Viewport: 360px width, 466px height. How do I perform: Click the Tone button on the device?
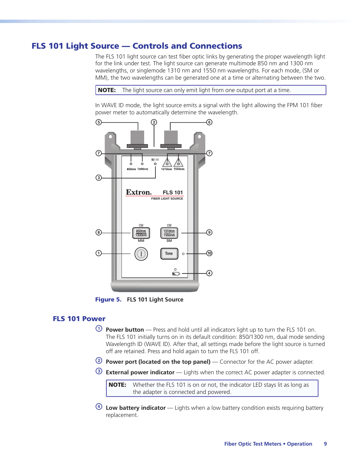(x=169, y=254)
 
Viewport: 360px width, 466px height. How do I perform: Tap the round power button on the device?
(x=141, y=254)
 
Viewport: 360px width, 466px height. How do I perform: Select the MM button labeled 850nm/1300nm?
(x=141, y=233)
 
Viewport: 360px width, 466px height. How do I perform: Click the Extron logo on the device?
(x=138, y=192)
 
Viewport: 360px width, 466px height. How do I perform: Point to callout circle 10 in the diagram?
(x=209, y=253)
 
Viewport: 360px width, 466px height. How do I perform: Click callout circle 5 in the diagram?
(x=98, y=122)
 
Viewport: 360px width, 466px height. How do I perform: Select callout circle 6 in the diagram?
(x=209, y=122)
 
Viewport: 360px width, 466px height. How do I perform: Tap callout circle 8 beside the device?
(x=98, y=232)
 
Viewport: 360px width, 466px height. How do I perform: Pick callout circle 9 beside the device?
(x=209, y=232)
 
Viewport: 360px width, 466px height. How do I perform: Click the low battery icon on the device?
(x=176, y=274)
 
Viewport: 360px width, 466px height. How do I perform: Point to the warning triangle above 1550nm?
(x=178, y=163)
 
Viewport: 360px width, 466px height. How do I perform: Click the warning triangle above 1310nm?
(x=167, y=163)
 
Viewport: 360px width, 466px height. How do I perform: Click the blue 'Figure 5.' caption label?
(x=108, y=300)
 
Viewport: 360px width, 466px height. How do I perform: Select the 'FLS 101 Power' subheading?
(x=79, y=319)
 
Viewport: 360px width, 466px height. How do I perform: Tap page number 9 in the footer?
(x=325, y=444)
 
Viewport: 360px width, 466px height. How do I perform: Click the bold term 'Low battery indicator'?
(x=135, y=408)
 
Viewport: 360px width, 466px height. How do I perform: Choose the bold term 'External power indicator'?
(x=140, y=372)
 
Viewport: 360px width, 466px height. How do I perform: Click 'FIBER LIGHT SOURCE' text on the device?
(x=167, y=198)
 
